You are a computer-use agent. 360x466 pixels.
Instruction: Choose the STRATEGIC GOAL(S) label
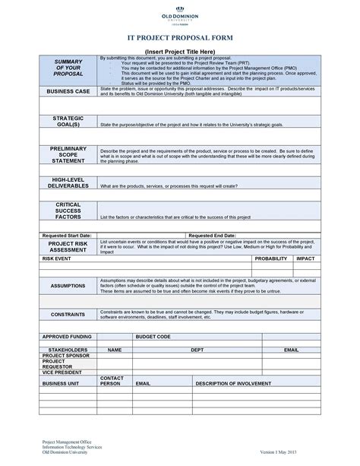[68, 122]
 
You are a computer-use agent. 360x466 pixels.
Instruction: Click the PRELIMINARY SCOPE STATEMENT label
[68, 154]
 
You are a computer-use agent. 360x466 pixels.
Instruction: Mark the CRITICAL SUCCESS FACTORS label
[68, 211]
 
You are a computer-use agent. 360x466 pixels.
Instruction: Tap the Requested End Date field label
[212, 236]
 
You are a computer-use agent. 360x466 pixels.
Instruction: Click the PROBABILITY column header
[271, 258]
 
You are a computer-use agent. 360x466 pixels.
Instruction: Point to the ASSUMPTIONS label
[68, 286]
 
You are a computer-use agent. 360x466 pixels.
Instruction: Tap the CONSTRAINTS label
[68, 314]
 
